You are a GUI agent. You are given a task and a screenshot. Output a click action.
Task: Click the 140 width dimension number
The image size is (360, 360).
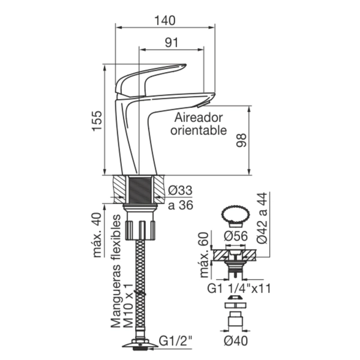[x=165, y=20]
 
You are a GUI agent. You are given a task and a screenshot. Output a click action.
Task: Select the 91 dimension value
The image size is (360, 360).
[x=172, y=43]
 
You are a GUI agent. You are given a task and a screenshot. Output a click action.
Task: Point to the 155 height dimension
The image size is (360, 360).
[x=97, y=121]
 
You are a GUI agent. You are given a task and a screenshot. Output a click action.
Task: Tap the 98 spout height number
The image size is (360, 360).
[x=241, y=140]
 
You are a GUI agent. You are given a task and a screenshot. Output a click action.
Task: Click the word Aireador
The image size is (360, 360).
[x=199, y=118]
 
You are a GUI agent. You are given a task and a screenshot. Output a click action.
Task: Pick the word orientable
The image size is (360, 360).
[x=199, y=130]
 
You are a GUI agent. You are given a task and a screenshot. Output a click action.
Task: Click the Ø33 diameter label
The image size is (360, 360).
[x=180, y=190]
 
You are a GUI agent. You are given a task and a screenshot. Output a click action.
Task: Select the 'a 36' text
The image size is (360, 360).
[x=181, y=205]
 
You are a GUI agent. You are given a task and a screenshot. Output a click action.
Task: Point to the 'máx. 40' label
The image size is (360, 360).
[x=97, y=235]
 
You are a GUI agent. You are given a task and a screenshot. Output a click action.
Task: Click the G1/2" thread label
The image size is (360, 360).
[x=176, y=341]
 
